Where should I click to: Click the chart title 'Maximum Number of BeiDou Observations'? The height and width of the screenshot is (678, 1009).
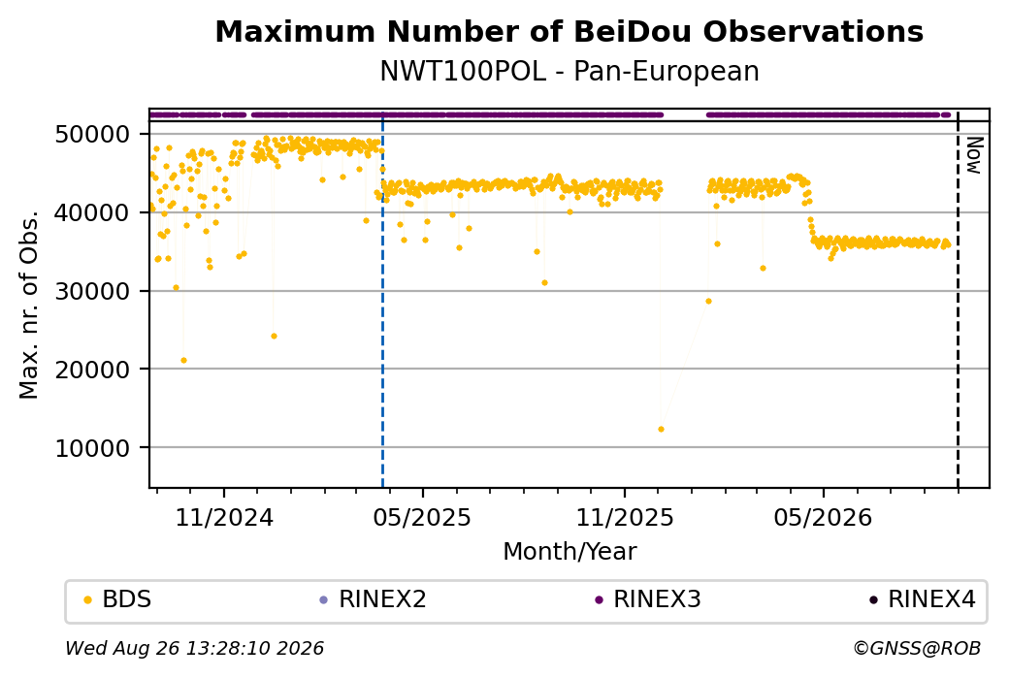569,31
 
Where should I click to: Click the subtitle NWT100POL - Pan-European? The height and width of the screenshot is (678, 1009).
570,71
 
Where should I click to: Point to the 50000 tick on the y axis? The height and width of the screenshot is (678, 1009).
93,135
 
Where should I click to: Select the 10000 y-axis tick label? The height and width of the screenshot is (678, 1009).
93,448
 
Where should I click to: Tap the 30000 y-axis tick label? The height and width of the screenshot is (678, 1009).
93,291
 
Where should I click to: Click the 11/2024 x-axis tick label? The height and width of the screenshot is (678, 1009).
224,517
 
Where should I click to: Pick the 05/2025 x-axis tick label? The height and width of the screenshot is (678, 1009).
422,517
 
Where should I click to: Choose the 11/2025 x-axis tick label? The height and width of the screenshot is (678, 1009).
624,517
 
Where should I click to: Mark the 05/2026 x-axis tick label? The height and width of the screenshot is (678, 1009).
823,517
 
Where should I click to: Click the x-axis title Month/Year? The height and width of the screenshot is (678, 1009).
570,551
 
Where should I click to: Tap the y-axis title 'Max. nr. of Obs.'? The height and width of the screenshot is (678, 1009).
29,305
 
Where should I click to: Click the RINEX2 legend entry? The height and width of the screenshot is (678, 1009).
374,599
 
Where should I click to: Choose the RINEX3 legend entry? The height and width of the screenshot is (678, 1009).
648,599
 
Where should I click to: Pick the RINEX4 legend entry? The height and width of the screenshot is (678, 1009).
923,599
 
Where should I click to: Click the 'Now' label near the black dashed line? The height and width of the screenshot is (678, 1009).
974,155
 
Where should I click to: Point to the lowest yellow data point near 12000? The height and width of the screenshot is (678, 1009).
661,429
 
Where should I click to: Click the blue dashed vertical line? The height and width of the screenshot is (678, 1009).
382,299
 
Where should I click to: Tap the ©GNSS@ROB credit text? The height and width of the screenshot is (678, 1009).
917,648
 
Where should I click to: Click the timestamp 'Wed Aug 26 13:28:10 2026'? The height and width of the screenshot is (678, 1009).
194,648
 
